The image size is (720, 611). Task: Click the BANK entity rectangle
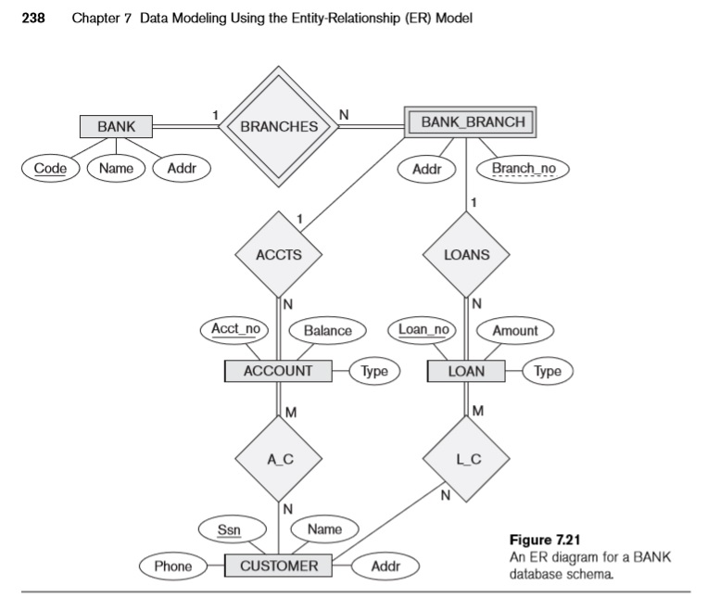[x=115, y=125]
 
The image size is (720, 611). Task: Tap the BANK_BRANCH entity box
[x=472, y=122]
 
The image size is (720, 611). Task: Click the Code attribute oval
[x=44, y=169]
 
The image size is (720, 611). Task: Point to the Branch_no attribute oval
[x=523, y=170]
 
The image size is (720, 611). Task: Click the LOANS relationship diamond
[x=466, y=253]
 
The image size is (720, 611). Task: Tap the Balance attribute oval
[x=327, y=330]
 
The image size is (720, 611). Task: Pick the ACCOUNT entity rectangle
[x=278, y=371]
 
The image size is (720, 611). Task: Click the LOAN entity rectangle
[x=466, y=371]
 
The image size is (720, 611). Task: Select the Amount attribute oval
[x=514, y=330]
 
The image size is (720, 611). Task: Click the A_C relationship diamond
[x=278, y=458]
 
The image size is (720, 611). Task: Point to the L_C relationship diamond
[x=466, y=458]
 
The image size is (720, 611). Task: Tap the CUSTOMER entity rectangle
[x=278, y=566]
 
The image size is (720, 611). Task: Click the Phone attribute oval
[x=172, y=566]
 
